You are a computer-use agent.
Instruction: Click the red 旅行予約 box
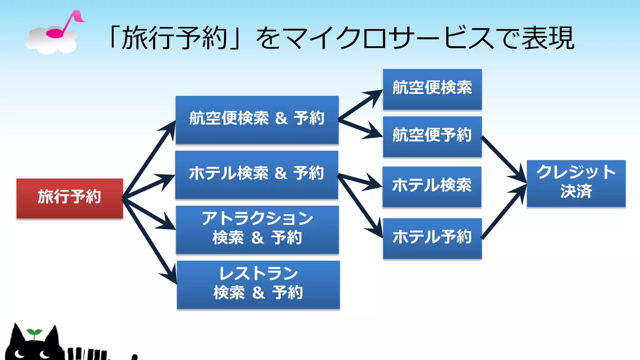pos(69,198)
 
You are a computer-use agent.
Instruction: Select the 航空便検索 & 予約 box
pos(257,120)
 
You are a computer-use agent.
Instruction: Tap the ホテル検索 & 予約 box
pos(257,175)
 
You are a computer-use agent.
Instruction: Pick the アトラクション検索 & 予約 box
pos(257,229)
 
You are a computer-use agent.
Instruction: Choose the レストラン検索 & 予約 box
pos(258,284)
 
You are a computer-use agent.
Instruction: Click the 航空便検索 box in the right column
pos(432,89)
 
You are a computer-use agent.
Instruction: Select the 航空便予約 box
pos(432,137)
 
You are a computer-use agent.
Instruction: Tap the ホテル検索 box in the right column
pos(432,187)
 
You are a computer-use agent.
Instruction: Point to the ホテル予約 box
pos(432,238)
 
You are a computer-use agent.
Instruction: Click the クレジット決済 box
pos(576,183)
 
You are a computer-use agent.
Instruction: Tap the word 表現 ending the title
pos(548,38)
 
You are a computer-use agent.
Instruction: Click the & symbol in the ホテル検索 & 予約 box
pos(281,173)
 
